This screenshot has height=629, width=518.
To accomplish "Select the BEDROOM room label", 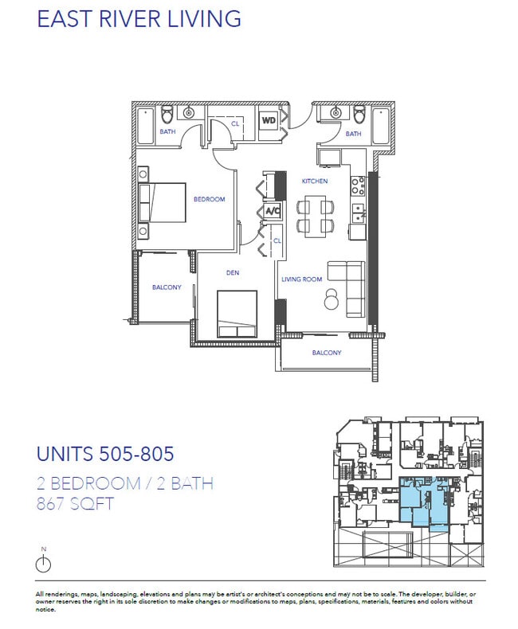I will click(x=209, y=199).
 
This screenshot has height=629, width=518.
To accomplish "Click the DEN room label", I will click(x=233, y=273).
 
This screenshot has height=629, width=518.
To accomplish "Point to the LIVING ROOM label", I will click(x=301, y=279).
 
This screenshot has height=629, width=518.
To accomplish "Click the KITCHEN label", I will click(x=314, y=182).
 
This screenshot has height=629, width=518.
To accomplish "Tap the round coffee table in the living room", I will click(x=331, y=300).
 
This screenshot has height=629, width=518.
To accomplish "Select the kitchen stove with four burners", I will click(x=359, y=186).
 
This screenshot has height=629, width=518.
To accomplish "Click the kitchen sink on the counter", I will click(x=359, y=212).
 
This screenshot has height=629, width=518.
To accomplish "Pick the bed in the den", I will click(x=237, y=314).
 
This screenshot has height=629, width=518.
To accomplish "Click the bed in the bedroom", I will click(x=163, y=204).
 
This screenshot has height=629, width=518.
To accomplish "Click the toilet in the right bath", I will click(x=359, y=113).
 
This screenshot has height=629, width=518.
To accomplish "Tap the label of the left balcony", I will click(x=167, y=287).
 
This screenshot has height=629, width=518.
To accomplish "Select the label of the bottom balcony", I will click(x=326, y=353).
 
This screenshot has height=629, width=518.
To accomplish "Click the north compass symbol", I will click(x=44, y=563).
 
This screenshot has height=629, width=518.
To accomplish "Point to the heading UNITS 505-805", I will click(x=105, y=455).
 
